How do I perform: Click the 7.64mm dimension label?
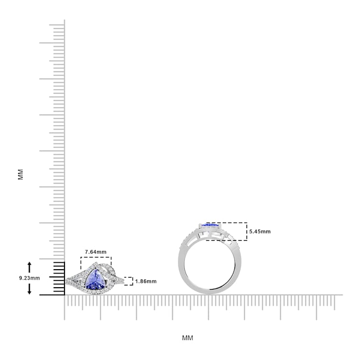click(x=96, y=252)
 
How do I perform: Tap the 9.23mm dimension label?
click(x=29, y=278)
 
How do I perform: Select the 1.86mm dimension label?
click(x=146, y=281)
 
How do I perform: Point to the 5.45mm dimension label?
click(x=260, y=232)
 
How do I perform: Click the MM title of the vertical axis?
click(x=21, y=174)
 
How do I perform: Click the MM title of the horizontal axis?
click(x=188, y=338)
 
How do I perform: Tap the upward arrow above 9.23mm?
click(x=29, y=267)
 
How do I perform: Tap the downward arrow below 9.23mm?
click(x=29, y=289)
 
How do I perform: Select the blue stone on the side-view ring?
click(x=210, y=226)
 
